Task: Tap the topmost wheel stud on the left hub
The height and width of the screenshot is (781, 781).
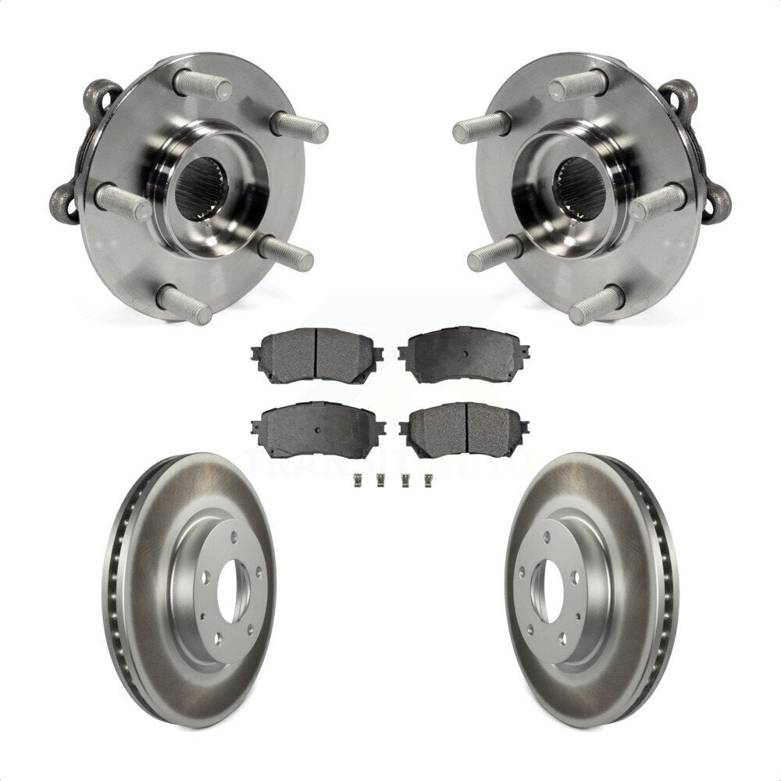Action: point(201,84)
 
